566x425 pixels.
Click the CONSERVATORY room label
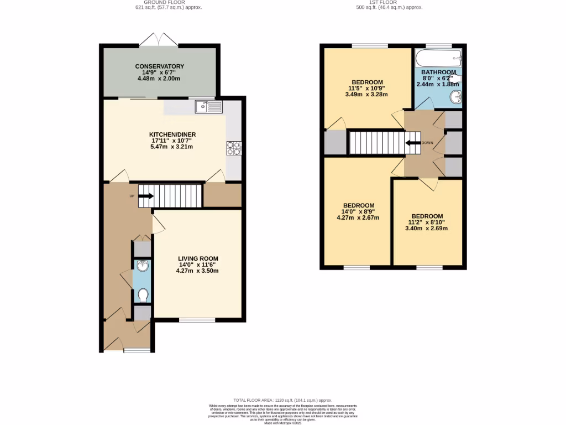point(160,66)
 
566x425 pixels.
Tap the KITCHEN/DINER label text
point(172,134)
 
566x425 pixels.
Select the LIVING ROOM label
point(198,258)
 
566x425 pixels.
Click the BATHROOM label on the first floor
point(438,72)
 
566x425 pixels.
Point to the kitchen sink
point(208,106)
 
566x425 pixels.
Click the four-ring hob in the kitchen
point(233,148)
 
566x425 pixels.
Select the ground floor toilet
point(142,295)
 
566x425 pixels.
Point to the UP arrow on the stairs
point(146,195)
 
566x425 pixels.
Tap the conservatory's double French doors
point(159,40)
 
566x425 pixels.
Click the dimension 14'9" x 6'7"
point(160,72)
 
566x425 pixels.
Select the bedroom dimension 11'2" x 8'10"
point(427,222)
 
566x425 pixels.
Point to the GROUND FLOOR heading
point(169,3)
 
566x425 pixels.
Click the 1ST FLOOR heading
point(390,3)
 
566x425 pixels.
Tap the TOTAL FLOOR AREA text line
point(282,400)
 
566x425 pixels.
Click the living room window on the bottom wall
point(197,320)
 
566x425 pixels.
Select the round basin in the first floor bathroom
point(455,98)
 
